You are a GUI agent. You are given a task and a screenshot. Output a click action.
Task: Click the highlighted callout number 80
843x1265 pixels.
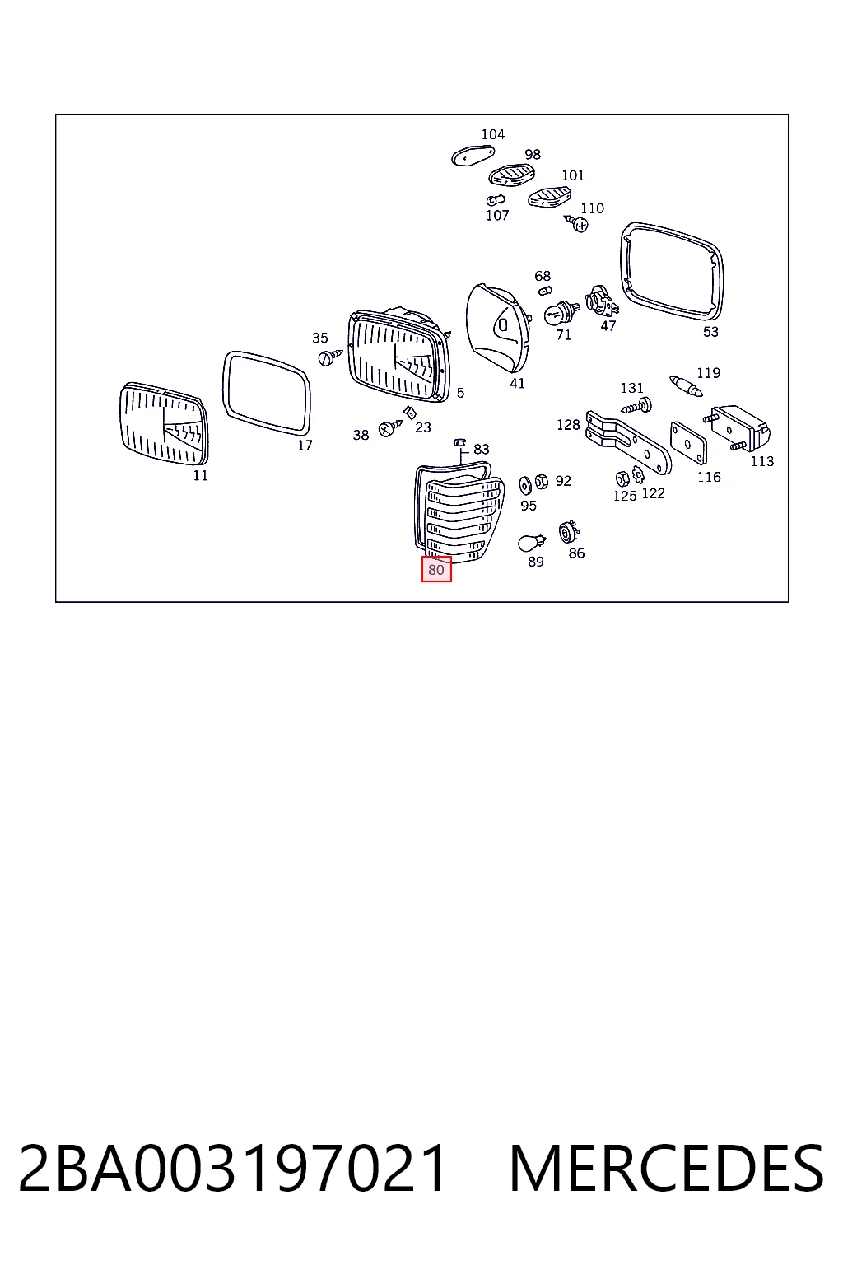point(435,569)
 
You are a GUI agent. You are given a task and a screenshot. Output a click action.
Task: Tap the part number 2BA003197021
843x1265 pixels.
point(232,1169)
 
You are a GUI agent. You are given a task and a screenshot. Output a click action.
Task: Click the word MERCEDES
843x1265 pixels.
point(666,1169)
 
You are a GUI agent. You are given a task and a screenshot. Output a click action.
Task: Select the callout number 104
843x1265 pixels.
point(492,134)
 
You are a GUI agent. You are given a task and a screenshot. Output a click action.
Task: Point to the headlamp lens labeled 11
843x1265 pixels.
point(164,423)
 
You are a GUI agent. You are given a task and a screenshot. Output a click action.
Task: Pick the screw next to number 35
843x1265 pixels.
point(329,357)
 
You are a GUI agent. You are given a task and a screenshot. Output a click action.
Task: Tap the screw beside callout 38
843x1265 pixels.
point(390,427)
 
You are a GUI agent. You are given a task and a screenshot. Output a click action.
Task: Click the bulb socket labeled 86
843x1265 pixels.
point(568,532)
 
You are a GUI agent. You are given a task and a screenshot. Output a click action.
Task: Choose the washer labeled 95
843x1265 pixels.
point(525,485)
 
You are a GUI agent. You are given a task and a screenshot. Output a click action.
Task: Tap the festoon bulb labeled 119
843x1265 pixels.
point(686,386)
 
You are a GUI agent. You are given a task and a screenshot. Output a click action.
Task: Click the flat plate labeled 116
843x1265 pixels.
point(688,443)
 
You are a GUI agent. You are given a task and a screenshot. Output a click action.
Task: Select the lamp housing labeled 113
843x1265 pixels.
point(739,428)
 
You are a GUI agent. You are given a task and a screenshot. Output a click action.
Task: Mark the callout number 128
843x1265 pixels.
point(568,425)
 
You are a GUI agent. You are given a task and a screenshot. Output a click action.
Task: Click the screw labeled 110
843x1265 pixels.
point(577,223)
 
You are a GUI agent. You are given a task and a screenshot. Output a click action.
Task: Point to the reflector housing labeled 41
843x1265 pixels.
point(498,327)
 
